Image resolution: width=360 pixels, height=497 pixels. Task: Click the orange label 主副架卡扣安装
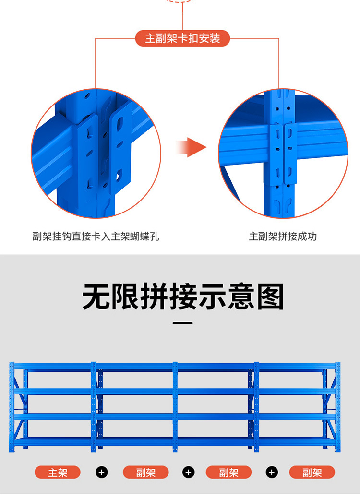coord(182,38)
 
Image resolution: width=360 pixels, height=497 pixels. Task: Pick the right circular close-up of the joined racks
coord(283,154)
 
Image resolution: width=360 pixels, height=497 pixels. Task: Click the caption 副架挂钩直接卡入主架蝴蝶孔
coord(96,237)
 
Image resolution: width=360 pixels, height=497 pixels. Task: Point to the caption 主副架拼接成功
coord(283,237)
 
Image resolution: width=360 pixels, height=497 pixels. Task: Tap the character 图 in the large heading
coord(270,297)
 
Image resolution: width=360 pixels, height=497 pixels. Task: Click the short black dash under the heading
coord(182,323)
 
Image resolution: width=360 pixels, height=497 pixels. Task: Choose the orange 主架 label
coord(58,473)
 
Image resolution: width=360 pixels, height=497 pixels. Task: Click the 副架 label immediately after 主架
coord(146,473)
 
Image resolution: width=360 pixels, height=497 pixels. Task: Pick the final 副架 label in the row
coord(312,473)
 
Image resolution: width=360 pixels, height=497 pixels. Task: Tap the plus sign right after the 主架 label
coord(101,473)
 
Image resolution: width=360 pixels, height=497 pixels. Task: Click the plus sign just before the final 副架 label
coord(272,473)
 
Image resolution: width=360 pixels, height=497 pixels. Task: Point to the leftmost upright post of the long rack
coord(12,408)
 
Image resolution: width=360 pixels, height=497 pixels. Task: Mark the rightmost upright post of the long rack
coord(338,408)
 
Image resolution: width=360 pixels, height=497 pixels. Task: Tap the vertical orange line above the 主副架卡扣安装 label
coord(182,17)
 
